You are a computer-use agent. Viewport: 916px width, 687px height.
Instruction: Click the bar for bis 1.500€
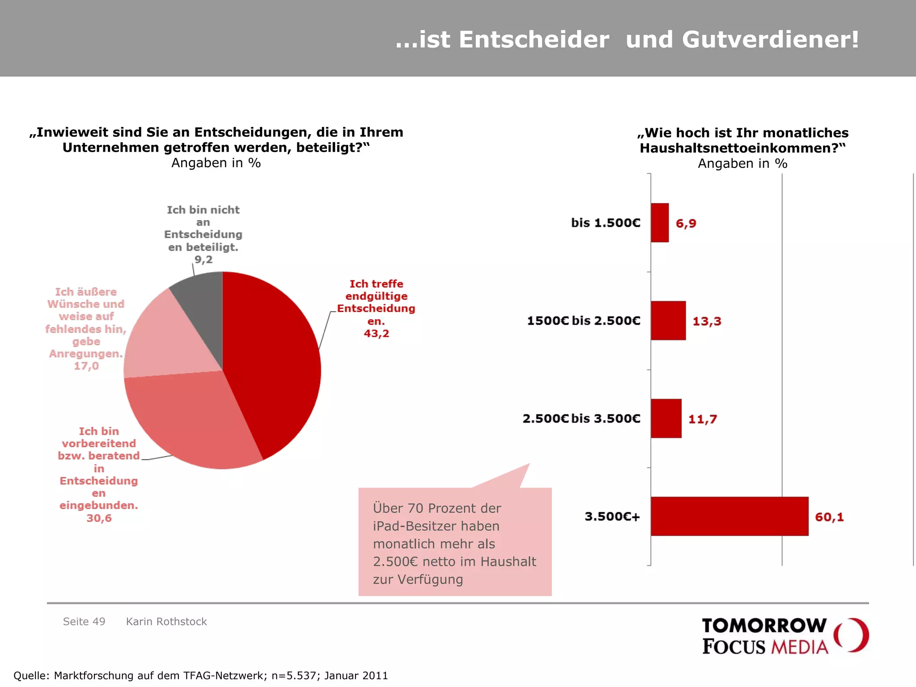click(660, 223)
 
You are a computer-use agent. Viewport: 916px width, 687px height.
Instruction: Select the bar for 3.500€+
click(729, 516)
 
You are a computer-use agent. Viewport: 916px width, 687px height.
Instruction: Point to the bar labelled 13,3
click(668, 321)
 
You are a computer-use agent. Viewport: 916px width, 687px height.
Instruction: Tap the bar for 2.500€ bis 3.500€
click(666, 419)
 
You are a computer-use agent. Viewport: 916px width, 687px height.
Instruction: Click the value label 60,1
click(829, 517)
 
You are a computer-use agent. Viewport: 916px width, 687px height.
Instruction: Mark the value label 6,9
click(686, 223)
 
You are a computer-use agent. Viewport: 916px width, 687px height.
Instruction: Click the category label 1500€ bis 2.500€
click(584, 321)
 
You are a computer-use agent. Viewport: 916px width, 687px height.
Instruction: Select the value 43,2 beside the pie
click(376, 334)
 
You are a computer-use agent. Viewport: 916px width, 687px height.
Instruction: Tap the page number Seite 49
click(84, 622)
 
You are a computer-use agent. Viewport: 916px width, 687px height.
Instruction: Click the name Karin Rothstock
click(166, 622)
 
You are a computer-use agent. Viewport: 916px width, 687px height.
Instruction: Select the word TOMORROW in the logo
click(764, 626)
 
